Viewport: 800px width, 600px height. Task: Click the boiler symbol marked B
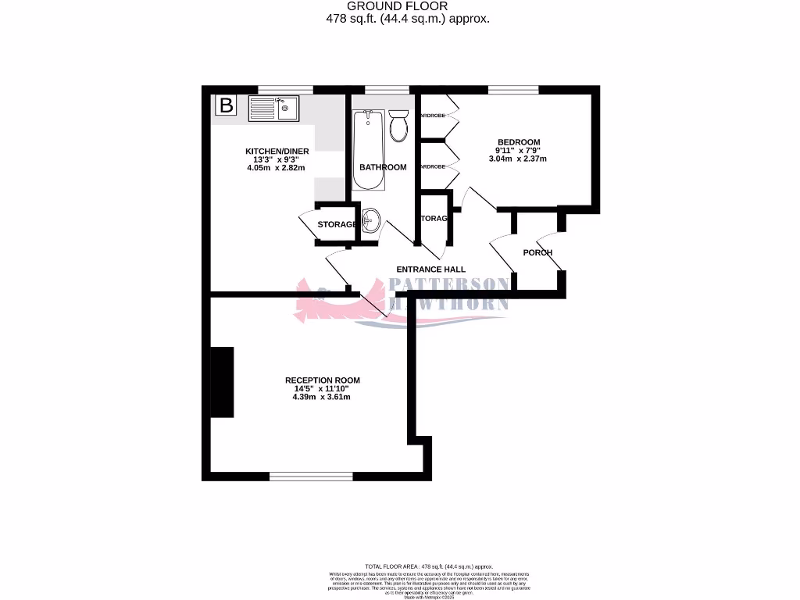pyautogui.click(x=226, y=105)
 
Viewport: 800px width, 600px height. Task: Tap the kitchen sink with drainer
pyautogui.click(x=273, y=107)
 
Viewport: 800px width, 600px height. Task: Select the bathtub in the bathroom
pyautogui.click(x=368, y=149)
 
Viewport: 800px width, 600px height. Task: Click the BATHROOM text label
pyautogui.click(x=383, y=167)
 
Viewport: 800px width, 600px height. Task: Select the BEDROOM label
pyautogui.click(x=519, y=142)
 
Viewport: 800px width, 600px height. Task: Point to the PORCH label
pyautogui.click(x=537, y=252)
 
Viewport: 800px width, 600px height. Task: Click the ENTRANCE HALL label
pyautogui.click(x=431, y=270)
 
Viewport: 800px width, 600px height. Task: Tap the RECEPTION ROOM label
pyautogui.click(x=322, y=380)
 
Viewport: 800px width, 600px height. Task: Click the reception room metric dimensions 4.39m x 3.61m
pyautogui.click(x=322, y=397)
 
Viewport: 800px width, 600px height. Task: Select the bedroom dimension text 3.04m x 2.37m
pyautogui.click(x=519, y=159)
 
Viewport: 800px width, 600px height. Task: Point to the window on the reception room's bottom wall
pyautogui.click(x=311, y=475)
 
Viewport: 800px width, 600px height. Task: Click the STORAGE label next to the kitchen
pyautogui.click(x=337, y=225)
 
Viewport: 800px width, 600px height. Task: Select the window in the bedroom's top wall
pyautogui.click(x=513, y=90)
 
